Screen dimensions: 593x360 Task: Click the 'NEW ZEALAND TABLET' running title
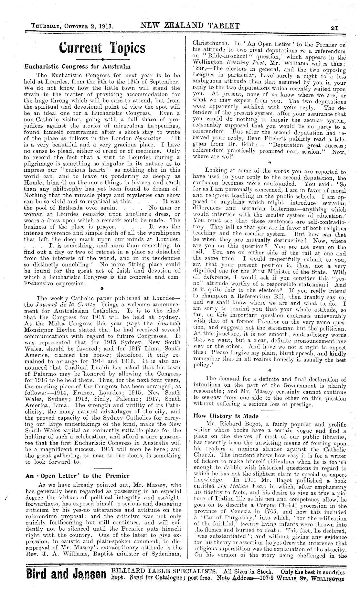click(190, 26)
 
